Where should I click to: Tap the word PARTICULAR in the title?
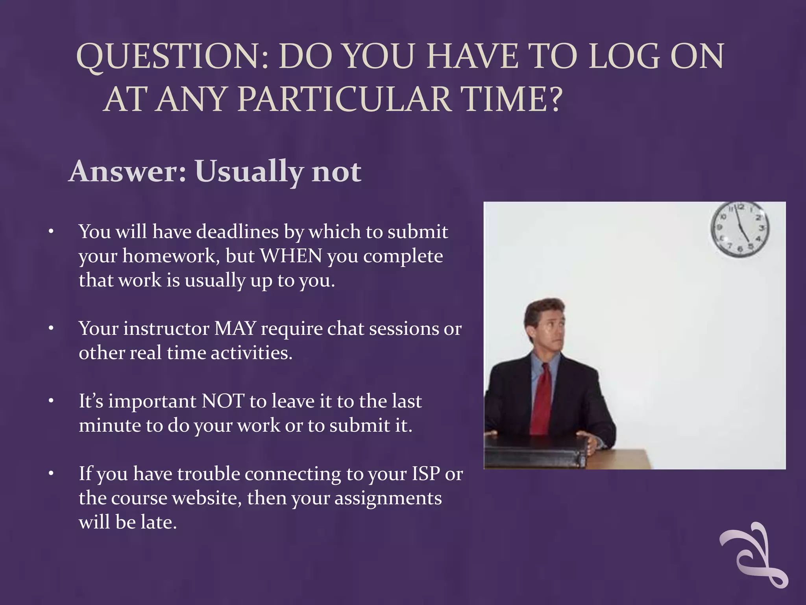pos(344,99)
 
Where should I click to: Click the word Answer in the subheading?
pos(127,172)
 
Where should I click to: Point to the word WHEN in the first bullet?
pos(291,256)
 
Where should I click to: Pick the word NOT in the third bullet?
pos(223,401)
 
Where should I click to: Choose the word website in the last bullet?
pos(205,498)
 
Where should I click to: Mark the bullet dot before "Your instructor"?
pos(51,328)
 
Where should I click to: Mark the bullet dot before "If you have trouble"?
pos(51,473)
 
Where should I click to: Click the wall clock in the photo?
pos(739,230)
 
